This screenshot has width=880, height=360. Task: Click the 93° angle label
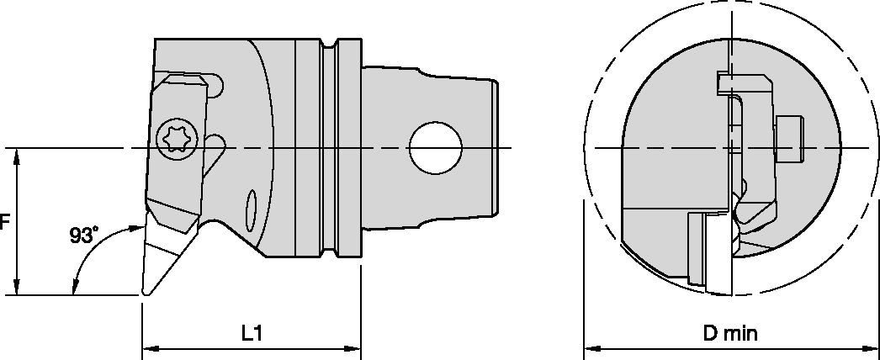84,236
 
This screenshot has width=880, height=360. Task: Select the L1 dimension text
251,333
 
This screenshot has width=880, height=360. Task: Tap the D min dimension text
731,333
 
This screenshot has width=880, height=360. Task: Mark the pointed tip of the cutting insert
145,294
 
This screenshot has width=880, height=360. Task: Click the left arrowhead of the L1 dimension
147,347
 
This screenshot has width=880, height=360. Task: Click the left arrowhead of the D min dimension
591,347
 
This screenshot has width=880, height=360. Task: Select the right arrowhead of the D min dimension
872,347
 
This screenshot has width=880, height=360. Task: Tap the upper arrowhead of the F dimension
18,155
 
